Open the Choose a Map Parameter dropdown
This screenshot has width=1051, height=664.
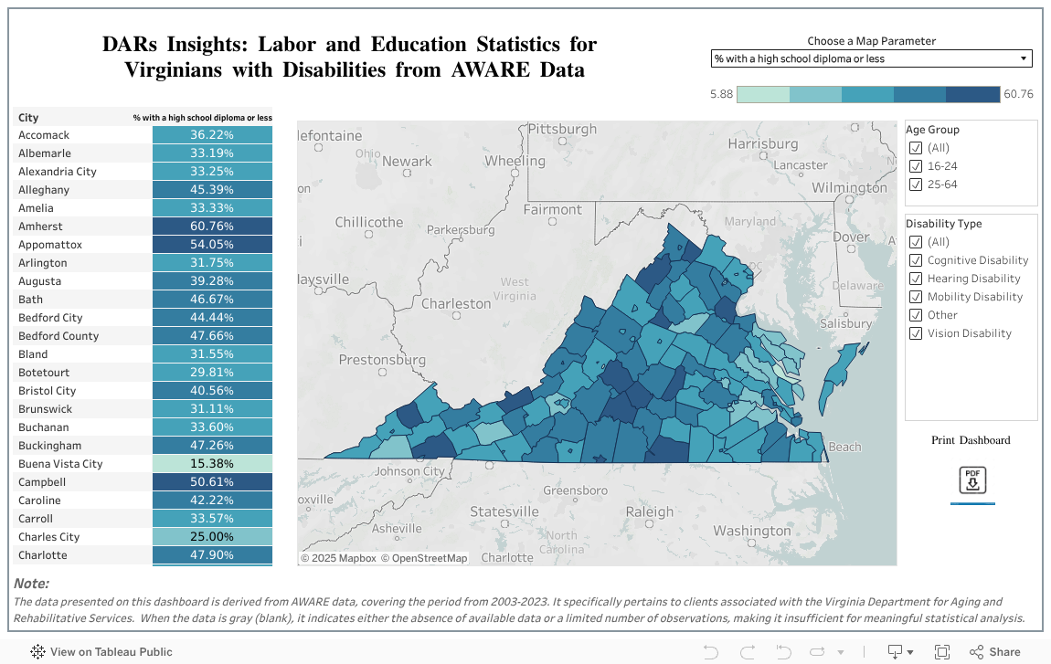click(x=871, y=58)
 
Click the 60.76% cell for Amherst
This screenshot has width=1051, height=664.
click(x=212, y=227)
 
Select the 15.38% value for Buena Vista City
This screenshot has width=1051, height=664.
click(x=212, y=464)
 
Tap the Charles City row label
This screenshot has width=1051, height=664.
click(x=49, y=537)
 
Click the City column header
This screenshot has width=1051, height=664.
click(x=28, y=118)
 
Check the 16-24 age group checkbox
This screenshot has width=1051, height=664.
click(x=916, y=166)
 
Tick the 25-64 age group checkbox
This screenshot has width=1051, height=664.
click(x=916, y=184)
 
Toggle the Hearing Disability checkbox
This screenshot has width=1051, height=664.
click(x=916, y=279)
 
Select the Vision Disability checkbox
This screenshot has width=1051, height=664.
click(x=916, y=333)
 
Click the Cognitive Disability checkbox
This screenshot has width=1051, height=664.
click(x=916, y=260)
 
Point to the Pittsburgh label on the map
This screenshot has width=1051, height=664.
click(x=562, y=130)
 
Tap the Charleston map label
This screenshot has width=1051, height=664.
click(x=455, y=303)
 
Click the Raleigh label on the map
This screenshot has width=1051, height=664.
click(x=649, y=512)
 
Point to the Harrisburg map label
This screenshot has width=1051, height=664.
click(x=763, y=144)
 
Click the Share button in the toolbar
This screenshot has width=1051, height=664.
click(x=995, y=651)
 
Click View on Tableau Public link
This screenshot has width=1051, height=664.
click(x=101, y=651)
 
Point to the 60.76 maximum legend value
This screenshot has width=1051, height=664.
click(x=1018, y=94)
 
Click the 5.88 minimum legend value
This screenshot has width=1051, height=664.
click(x=721, y=94)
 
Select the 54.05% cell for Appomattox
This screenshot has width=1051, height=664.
click(x=212, y=245)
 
